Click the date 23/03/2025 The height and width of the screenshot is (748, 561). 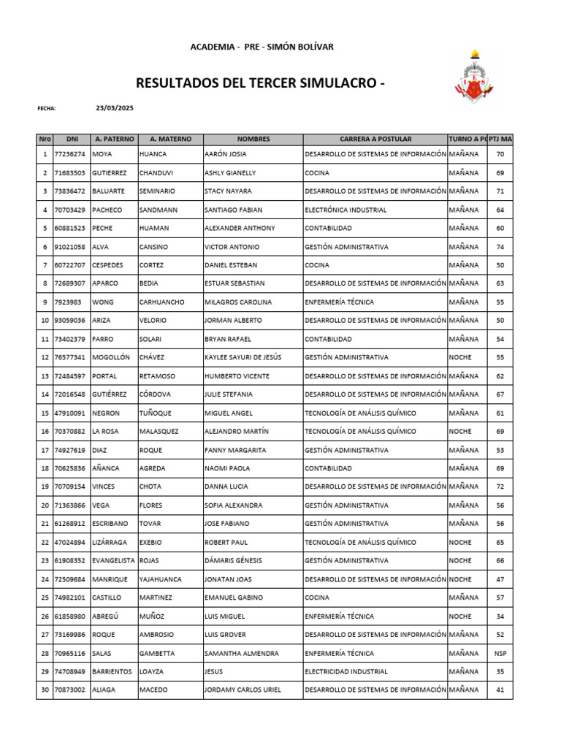pyautogui.click(x=115, y=108)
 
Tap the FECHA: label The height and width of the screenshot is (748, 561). pyautogui.click(x=47, y=108)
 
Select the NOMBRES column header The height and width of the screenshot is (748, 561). pyautogui.click(x=253, y=139)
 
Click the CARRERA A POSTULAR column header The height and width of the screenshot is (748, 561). pyautogui.click(x=375, y=139)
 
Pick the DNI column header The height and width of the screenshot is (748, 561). pyautogui.click(x=72, y=139)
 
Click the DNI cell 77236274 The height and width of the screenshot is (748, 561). pyautogui.click(x=70, y=154)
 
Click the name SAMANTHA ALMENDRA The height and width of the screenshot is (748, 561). pyautogui.click(x=241, y=653)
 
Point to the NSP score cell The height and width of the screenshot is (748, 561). pyautogui.click(x=500, y=653)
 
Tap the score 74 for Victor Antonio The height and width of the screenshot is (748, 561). pyautogui.click(x=500, y=247)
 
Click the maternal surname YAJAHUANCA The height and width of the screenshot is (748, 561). pyautogui.click(x=160, y=579)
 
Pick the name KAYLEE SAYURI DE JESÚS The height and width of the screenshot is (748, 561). pyautogui.click(x=243, y=357)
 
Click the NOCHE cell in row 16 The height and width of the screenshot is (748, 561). pyautogui.click(x=460, y=431)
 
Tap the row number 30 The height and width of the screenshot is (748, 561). pyautogui.click(x=45, y=690)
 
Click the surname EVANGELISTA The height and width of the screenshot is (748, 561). pyautogui.click(x=113, y=560)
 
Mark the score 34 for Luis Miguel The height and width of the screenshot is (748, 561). pyautogui.click(x=500, y=616)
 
